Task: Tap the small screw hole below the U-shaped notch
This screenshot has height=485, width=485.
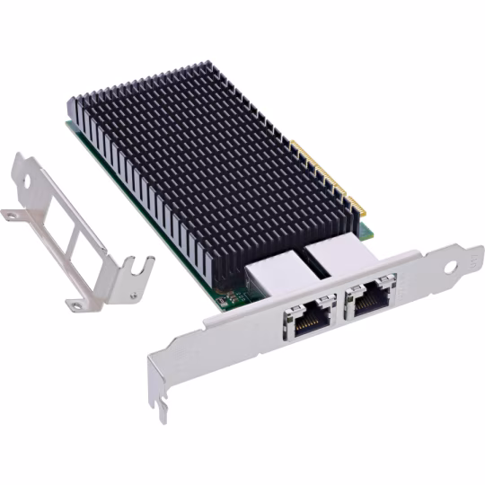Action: [x=132, y=292]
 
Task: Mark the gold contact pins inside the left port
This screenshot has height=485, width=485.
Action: [x=309, y=316]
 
